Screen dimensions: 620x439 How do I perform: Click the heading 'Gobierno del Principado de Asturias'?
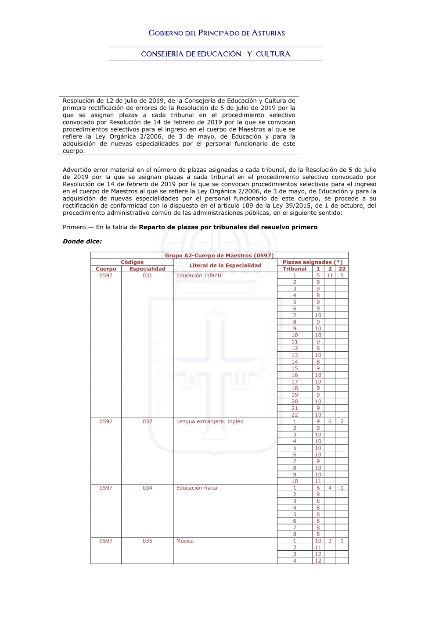point(216,33)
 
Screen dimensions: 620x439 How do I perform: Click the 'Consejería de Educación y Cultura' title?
point(216,54)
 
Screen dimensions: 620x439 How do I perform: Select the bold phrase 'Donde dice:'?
point(82,242)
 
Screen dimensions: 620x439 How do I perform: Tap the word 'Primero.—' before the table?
point(78,227)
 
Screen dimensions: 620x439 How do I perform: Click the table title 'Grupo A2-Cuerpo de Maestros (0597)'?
point(219,256)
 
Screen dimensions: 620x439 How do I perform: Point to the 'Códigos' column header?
point(132,262)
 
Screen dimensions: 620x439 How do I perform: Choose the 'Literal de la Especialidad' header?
point(225,265)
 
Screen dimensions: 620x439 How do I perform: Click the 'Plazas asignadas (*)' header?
point(312,262)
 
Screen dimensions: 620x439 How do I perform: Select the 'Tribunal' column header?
point(295,269)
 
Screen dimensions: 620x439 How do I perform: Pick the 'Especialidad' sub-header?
point(148,269)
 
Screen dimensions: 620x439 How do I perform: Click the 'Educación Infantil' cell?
point(199,275)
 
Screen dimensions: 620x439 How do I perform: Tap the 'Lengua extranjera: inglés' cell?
point(209,421)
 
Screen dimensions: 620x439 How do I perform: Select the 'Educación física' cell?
point(197,488)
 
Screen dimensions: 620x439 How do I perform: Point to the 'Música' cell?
point(185,541)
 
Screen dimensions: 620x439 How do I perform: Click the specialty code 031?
point(148,275)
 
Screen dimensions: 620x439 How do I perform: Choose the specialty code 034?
point(148,488)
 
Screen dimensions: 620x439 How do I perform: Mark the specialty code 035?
point(148,541)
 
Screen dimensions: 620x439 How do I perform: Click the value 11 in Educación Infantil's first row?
point(330,275)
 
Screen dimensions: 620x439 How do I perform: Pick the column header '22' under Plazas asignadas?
point(342,269)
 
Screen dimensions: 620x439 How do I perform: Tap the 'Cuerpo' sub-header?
point(106,269)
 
